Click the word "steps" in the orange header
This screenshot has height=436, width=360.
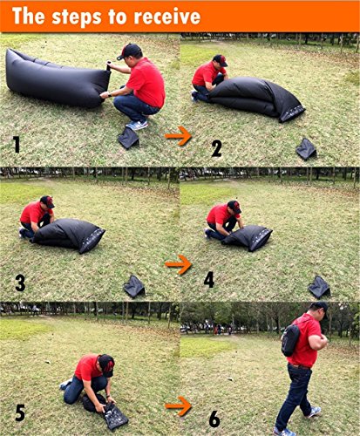click(x=77, y=17)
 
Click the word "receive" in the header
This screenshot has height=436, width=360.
click(x=167, y=17)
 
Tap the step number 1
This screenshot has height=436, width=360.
click(x=17, y=145)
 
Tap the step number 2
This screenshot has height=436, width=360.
click(x=216, y=148)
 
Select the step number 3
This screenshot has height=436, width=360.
click(x=20, y=283)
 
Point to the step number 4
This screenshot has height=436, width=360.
click(x=209, y=280)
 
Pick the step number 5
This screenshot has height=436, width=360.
click(x=20, y=412)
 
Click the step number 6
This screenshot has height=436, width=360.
click(x=214, y=419)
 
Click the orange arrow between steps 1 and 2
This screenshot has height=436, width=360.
click(x=178, y=136)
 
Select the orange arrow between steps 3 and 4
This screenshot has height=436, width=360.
click(x=178, y=264)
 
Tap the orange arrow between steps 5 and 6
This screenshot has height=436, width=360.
click(x=178, y=405)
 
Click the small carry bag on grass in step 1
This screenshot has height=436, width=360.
click(x=128, y=138)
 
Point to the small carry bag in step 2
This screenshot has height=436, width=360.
click(x=306, y=149)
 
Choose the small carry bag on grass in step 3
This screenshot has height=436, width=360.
click(x=134, y=287)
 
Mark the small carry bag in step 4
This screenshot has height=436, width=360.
click(x=319, y=287)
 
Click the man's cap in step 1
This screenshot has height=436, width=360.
click(x=129, y=51)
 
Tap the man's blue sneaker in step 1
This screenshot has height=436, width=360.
click(x=137, y=126)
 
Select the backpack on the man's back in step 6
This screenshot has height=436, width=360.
click(x=290, y=340)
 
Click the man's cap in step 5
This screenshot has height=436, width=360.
click(x=106, y=364)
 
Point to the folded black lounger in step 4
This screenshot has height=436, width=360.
click(x=248, y=237)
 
